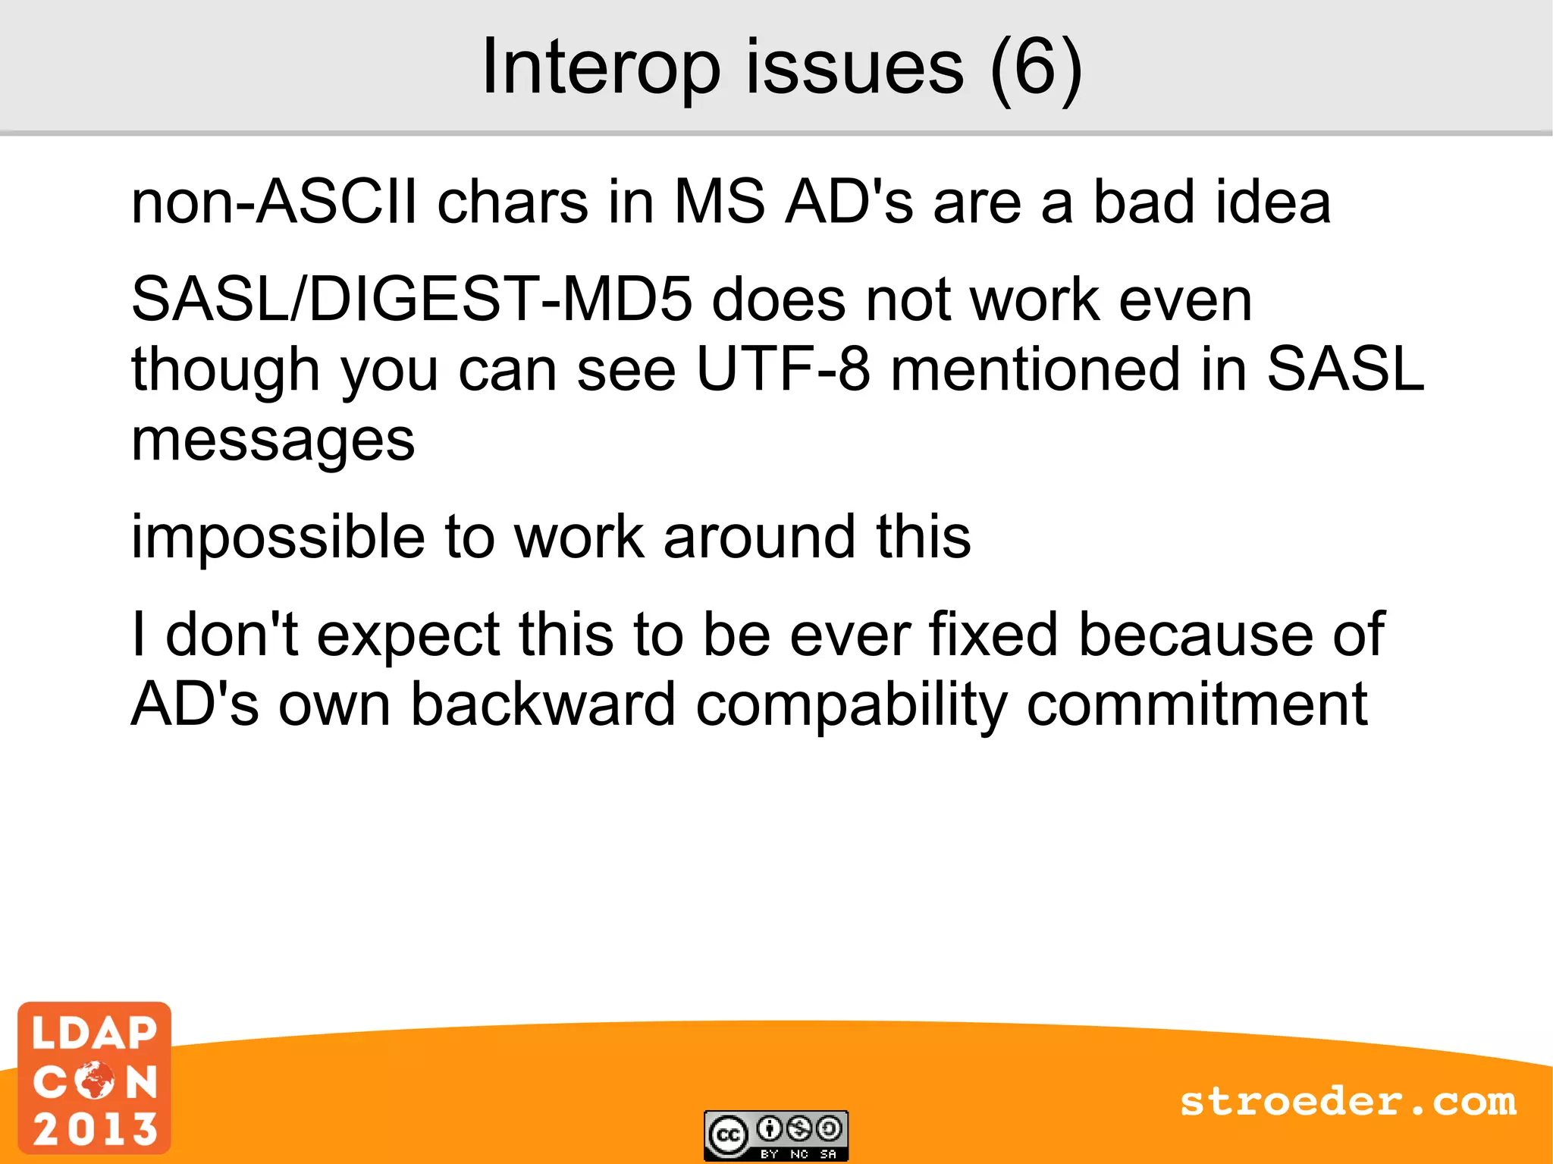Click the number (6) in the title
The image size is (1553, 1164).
pos(1036,68)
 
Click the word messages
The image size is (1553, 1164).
pos(273,441)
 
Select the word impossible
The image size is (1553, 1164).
pos(278,538)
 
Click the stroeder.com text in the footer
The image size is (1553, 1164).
pos(1348,1102)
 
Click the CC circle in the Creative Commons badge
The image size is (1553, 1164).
pos(728,1135)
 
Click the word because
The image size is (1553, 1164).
pos(1195,635)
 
